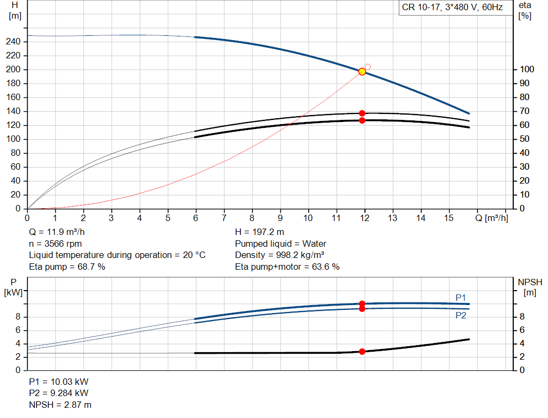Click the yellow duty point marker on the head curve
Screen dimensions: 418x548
(x=362, y=72)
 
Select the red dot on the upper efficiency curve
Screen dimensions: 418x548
(x=362, y=113)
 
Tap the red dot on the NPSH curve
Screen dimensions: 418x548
(x=362, y=352)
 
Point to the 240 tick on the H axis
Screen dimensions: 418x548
(x=16, y=42)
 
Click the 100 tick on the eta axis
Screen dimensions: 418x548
(x=525, y=70)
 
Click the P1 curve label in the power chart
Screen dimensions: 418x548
(x=461, y=297)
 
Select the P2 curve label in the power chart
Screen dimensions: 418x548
(x=461, y=316)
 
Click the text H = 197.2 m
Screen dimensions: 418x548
(x=260, y=232)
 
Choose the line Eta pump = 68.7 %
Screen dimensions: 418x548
(x=67, y=267)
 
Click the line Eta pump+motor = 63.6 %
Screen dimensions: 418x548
(x=287, y=267)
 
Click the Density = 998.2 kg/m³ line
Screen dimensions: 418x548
(x=280, y=255)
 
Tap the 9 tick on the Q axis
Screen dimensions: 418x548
(x=280, y=218)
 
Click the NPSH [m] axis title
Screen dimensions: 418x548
(x=530, y=287)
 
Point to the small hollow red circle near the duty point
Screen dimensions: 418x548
(x=368, y=67)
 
